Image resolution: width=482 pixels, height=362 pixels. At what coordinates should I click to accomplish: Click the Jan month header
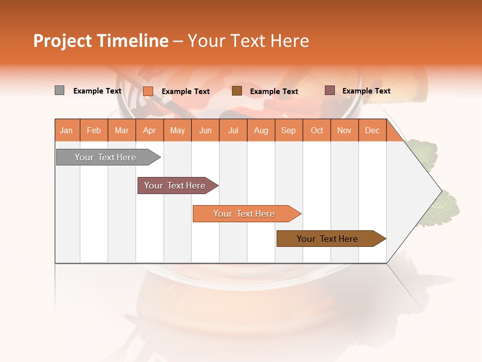pos(66,130)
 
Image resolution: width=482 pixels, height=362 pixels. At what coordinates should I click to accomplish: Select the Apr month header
pos(149,130)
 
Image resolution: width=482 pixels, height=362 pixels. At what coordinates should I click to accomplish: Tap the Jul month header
pos(233,130)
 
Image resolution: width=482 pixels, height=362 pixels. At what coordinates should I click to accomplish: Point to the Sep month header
pos(288,130)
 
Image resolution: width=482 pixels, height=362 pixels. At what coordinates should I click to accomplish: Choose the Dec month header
pos(372,130)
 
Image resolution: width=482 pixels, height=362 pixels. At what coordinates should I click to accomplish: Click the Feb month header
pos(94,130)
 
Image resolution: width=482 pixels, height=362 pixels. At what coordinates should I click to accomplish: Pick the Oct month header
pos(317,130)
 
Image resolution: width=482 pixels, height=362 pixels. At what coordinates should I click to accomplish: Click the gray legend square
pos(59,90)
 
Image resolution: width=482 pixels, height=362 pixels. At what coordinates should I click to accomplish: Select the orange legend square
pos(148,91)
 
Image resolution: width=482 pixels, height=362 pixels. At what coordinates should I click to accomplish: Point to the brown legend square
pos(237,90)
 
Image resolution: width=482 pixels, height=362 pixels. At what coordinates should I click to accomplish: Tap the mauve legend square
pos(329,90)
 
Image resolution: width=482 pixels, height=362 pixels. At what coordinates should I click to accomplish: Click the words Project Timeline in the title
pos(101,41)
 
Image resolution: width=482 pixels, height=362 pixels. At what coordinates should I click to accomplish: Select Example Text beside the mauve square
pos(366,91)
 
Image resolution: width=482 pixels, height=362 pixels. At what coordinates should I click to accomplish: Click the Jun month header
pos(205,130)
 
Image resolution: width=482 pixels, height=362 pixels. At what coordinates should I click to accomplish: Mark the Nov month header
pos(344,130)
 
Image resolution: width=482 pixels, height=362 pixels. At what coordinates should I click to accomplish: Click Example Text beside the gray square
pos(97,91)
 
